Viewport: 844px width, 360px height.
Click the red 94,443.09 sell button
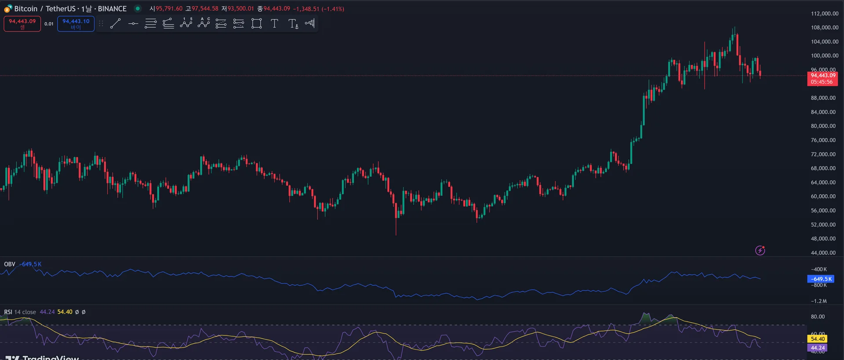(22, 24)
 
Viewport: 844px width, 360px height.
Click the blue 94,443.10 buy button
(76, 24)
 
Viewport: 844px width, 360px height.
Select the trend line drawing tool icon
(115, 24)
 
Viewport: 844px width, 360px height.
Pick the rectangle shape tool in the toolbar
(257, 24)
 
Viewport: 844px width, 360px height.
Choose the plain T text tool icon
(274, 24)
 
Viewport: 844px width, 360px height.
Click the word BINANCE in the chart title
(112, 9)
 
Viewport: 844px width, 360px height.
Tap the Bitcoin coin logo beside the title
(8, 9)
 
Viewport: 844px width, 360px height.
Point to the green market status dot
(138, 8)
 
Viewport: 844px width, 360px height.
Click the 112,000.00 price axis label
(824, 14)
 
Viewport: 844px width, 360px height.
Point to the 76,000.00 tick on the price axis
(823, 140)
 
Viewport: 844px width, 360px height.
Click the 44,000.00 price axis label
(823, 253)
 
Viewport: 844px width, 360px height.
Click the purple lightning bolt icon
(760, 251)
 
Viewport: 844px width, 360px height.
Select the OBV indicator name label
(10, 264)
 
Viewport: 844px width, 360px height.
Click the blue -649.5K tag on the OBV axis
(821, 279)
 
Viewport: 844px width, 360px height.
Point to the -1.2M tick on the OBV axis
(819, 301)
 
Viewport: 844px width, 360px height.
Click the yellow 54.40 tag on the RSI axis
(817, 339)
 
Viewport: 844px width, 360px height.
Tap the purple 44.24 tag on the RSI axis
(817, 348)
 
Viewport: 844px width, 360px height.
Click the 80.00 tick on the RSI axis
(818, 316)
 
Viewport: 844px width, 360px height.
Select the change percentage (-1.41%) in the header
(333, 9)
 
